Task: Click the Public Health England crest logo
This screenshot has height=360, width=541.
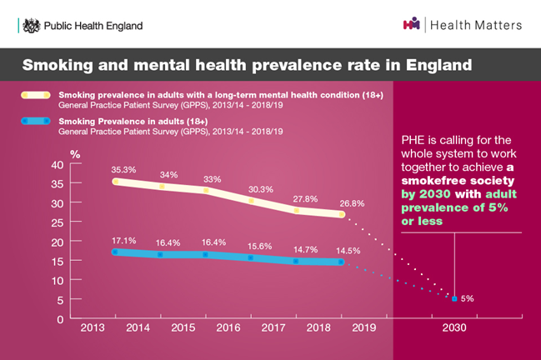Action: [x=32, y=26]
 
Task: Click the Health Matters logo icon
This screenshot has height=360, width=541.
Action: [x=411, y=25]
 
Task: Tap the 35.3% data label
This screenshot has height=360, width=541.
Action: [x=123, y=168]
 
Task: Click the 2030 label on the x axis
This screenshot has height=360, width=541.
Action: [x=453, y=329]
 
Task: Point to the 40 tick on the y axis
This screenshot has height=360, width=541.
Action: [x=57, y=164]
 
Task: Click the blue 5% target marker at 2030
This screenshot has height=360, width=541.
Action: [x=453, y=297]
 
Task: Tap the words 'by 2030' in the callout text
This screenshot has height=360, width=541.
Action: [x=425, y=195]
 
